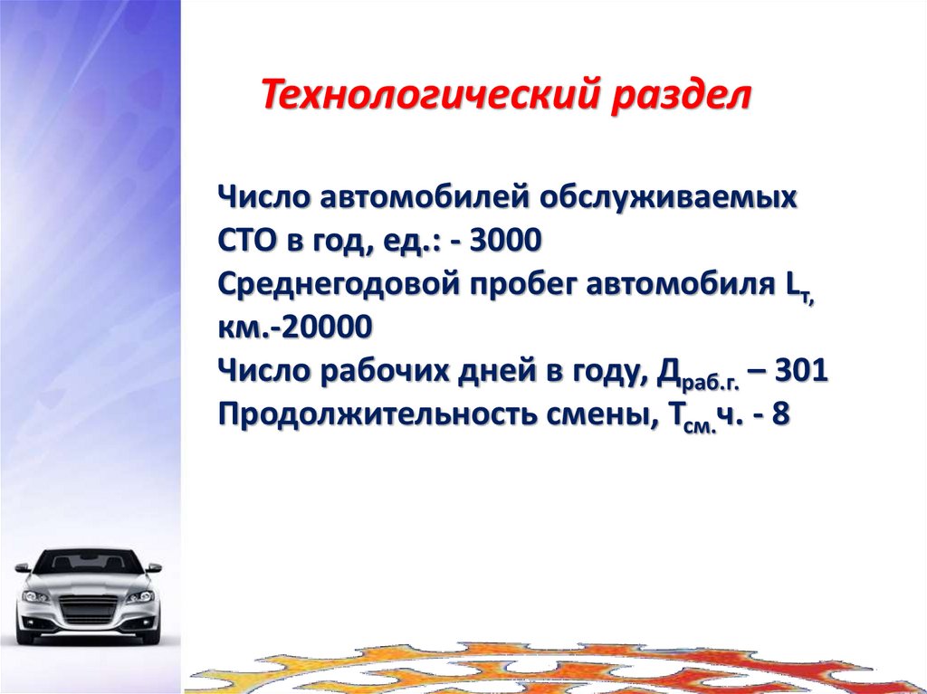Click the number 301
(801, 371)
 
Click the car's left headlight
(37, 596)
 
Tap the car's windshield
(89, 564)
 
